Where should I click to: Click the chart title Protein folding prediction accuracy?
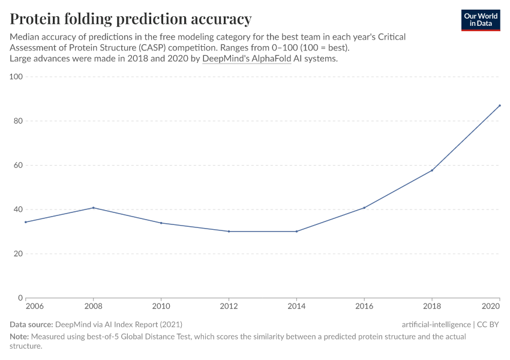[x=131, y=19]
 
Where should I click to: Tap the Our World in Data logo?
[x=480, y=20]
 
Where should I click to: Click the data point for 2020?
[x=500, y=106]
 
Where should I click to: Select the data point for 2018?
[x=432, y=170]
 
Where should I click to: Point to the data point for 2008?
[x=94, y=208]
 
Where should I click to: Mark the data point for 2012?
[x=229, y=232]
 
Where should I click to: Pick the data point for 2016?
[x=364, y=208]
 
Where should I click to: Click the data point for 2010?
[x=161, y=223]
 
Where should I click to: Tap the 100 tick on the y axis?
[x=16, y=77]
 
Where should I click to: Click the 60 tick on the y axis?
[x=18, y=165]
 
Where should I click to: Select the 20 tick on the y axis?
[x=18, y=254]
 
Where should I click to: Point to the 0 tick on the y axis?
[x=20, y=298]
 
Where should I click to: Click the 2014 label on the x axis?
[x=296, y=306]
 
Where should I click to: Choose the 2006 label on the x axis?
[x=34, y=306]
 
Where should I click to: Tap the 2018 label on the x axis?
[x=432, y=306]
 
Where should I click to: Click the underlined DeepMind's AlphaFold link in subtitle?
[x=247, y=59]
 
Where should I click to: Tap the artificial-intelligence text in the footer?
[x=436, y=324]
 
